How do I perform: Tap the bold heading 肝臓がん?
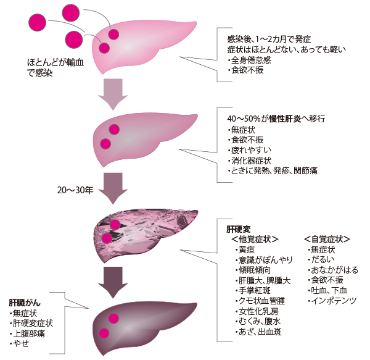[x=25, y=303]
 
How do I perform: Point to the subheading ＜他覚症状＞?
[x=255, y=239]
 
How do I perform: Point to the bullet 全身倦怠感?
[x=250, y=61]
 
